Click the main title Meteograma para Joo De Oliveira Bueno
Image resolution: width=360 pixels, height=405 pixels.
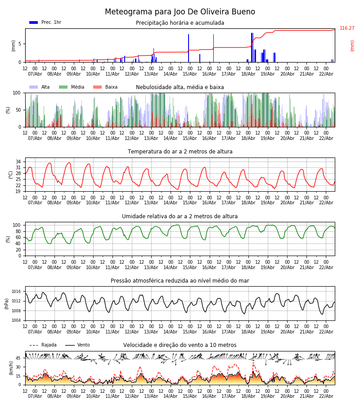(180, 12)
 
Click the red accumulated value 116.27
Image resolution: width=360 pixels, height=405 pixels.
(347, 28)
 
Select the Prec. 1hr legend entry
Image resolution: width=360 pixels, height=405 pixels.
(51, 22)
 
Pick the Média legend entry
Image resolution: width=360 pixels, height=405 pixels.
(77, 87)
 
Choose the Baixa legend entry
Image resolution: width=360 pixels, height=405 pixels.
(111, 87)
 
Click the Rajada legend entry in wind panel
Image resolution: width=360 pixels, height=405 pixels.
(49, 345)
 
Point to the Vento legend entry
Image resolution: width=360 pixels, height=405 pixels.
(83, 345)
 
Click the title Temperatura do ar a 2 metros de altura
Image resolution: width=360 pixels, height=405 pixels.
(180, 152)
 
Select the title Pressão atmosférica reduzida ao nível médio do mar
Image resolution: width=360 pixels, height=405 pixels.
(180, 281)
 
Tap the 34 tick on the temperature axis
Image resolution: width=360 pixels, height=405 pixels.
(18, 162)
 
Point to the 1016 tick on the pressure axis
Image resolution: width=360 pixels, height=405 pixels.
(16, 292)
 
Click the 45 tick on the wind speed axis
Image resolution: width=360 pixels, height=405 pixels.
(18, 358)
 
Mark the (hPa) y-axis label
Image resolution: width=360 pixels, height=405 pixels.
(7, 303)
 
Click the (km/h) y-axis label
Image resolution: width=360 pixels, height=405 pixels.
(12, 368)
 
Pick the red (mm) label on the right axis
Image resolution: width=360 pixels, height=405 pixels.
(352, 45)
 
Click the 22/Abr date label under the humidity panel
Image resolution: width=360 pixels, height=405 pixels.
(326, 267)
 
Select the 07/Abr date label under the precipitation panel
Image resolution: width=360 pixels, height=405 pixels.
(35, 74)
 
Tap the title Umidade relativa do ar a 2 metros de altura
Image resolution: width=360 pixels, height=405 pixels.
(180, 216)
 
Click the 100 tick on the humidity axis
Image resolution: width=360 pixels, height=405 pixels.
(17, 225)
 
